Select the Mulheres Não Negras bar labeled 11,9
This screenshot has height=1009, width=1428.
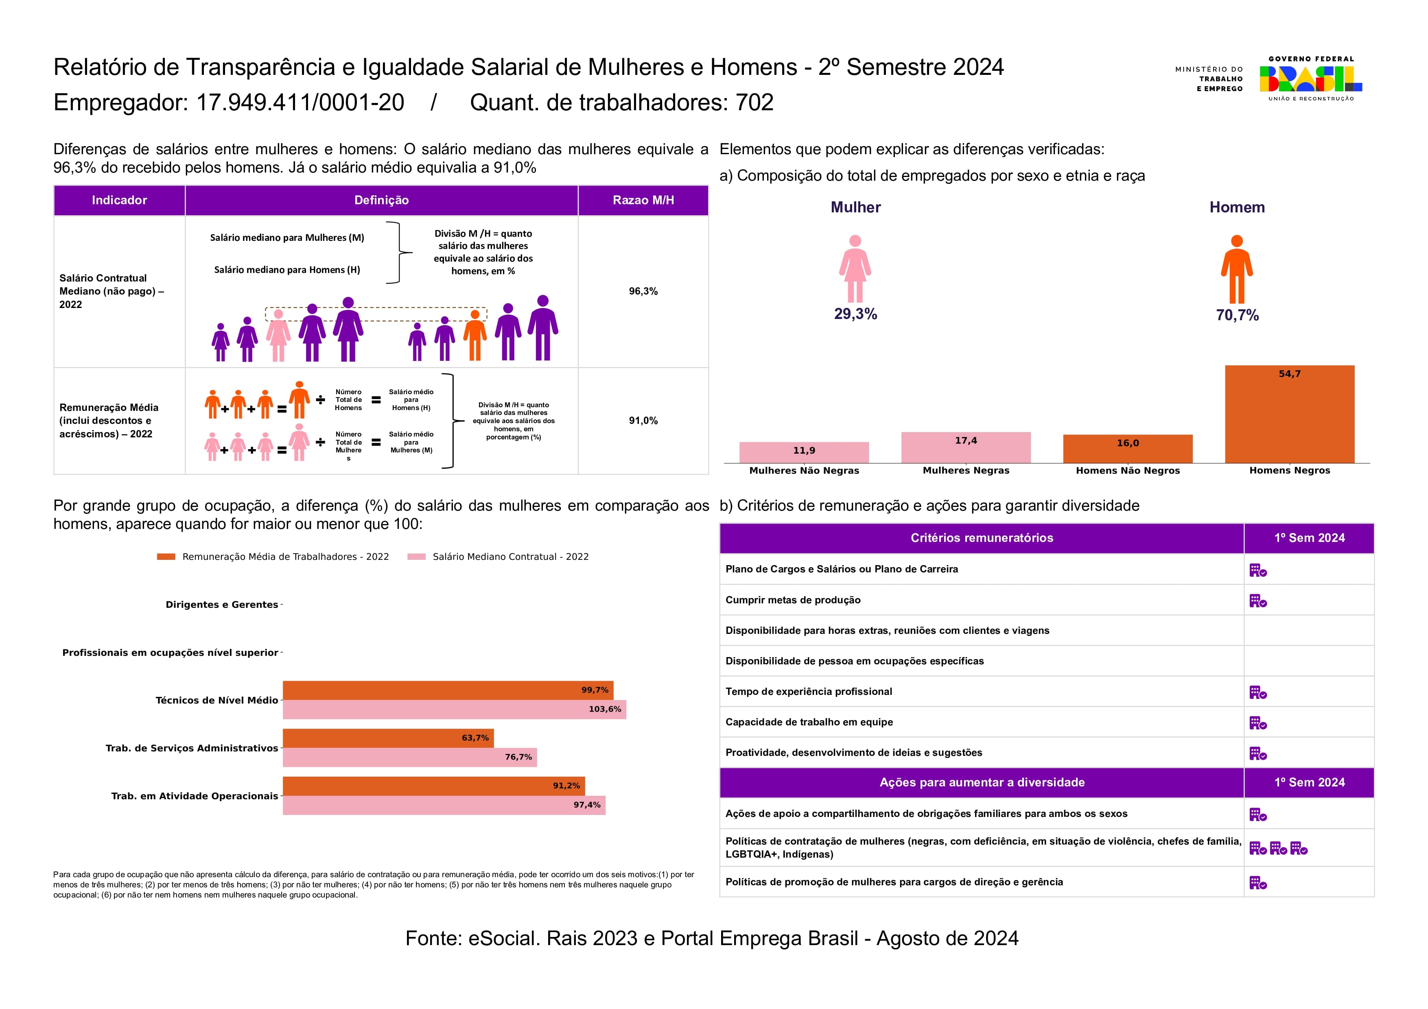[804, 452]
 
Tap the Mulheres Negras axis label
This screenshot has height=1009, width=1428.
[965, 471]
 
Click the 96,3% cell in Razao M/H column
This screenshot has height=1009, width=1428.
[643, 291]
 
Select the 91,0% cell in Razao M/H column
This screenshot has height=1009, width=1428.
[643, 420]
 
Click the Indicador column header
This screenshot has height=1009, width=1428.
[119, 200]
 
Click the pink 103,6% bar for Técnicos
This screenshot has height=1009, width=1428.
[454, 709]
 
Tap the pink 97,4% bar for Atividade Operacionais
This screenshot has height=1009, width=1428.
[444, 805]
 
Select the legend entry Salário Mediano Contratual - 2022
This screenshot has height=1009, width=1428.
[510, 557]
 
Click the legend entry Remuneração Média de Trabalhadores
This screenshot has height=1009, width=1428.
[285, 557]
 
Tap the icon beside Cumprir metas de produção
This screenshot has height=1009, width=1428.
[1257, 601]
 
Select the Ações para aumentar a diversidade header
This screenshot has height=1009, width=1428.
[982, 783]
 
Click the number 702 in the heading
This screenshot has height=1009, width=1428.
[754, 103]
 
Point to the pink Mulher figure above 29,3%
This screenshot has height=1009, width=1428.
[855, 269]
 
